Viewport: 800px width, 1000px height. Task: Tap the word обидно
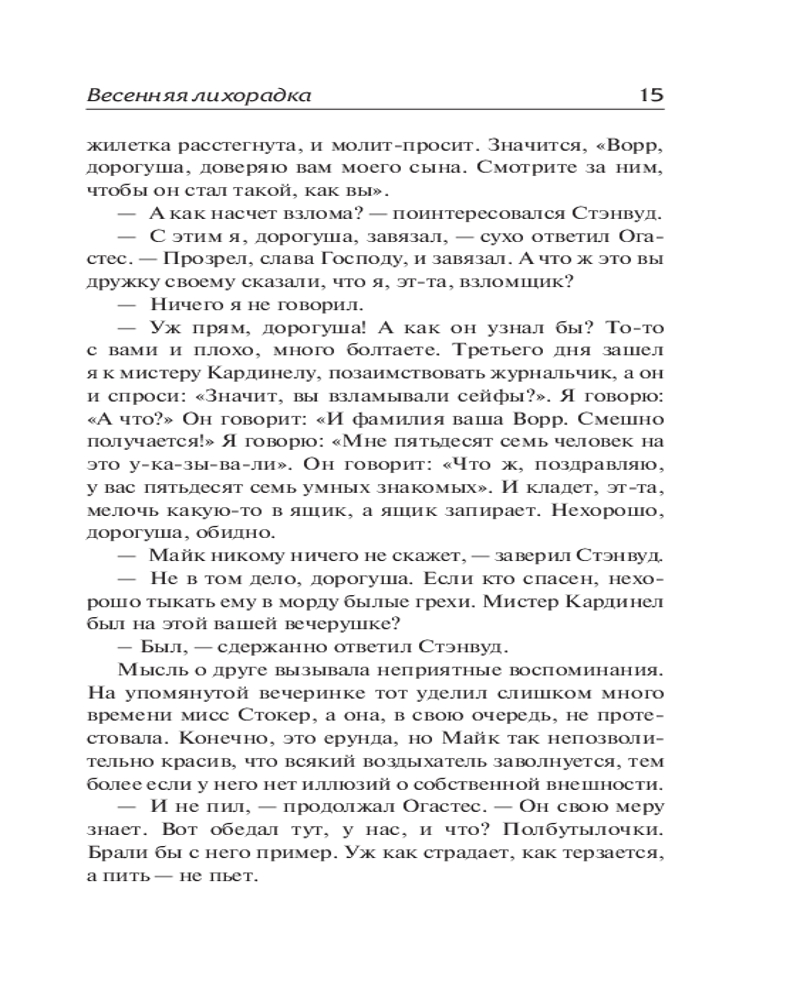pyautogui.click(x=219, y=534)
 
